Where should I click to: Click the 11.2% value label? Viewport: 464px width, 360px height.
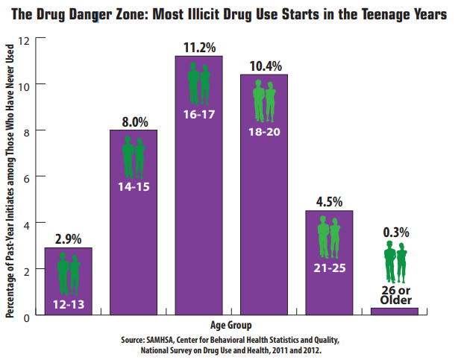tap(198, 46)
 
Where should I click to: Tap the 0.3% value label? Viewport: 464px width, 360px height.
tap(395, 231)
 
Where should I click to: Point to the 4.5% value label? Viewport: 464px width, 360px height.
tap(329, 202)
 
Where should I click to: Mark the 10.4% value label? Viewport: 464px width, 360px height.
tap(263, 66)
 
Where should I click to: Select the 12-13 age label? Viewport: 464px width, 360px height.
tap(68, 303)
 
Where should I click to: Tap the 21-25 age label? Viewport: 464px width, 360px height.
tap(329, 267)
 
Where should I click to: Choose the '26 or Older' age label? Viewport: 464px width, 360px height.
tap(395, 294)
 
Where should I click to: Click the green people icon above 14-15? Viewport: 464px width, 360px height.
tap(134, 157)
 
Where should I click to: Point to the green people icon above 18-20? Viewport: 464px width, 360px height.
tap(263, 101)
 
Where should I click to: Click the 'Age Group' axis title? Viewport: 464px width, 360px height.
tap(231, 326)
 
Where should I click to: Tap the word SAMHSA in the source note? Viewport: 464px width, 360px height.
tap(162, 340)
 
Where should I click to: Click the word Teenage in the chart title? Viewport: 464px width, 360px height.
tap(372, 13)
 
